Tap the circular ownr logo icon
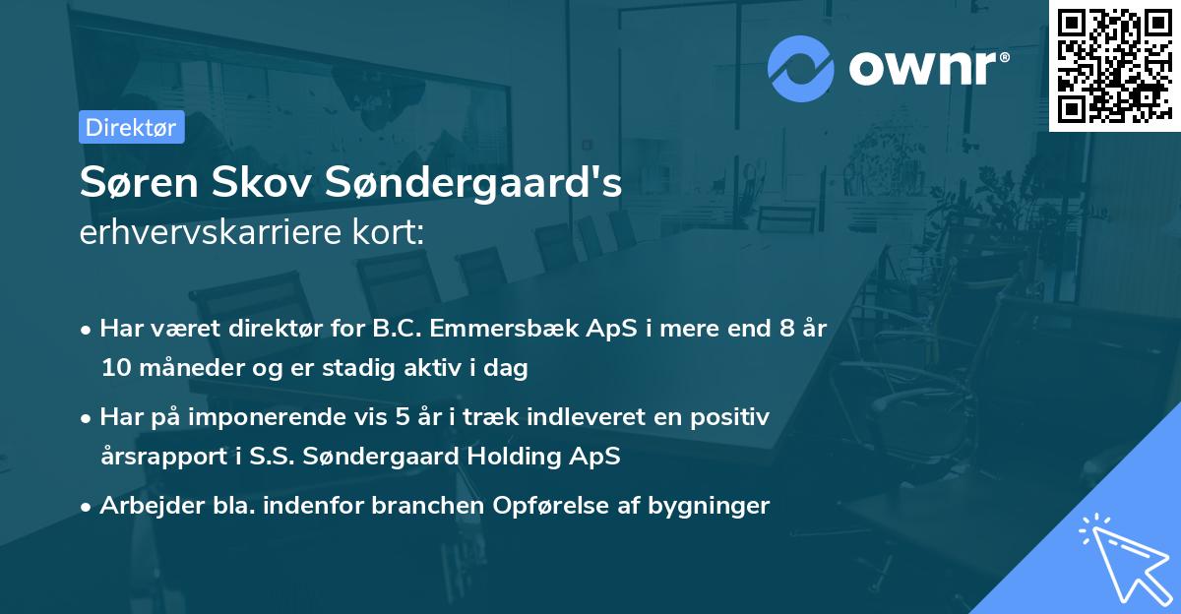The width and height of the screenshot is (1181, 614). coord(800,68)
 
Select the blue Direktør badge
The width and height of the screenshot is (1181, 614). coord(131,127)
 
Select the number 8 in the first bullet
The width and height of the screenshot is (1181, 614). coord(786,330)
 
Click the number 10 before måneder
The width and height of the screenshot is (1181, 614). coord(114,368)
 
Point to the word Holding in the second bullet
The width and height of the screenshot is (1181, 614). coord(528,456)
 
